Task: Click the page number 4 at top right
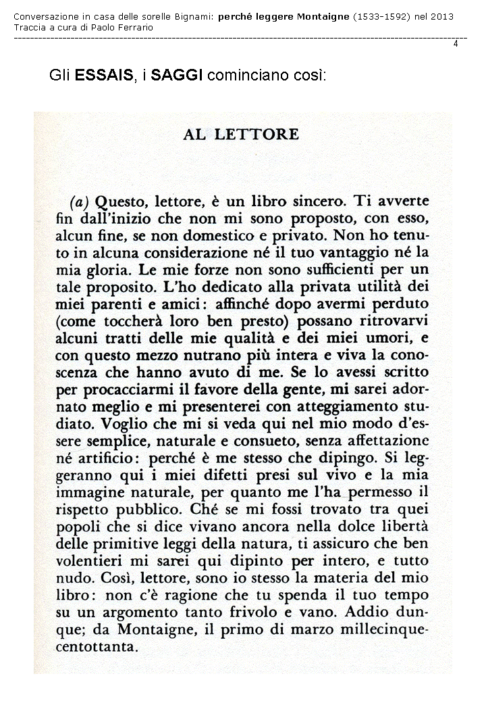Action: pyautogui.click(x=456, y=44)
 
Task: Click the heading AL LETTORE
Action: pyautogui.click(x=240, y=134)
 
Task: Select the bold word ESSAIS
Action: pyautogui.click(x=104, y=76)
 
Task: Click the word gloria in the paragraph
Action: pyautogui.click(x=96, y=270)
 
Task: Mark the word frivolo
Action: pyautogui.click(x=259, y=608)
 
